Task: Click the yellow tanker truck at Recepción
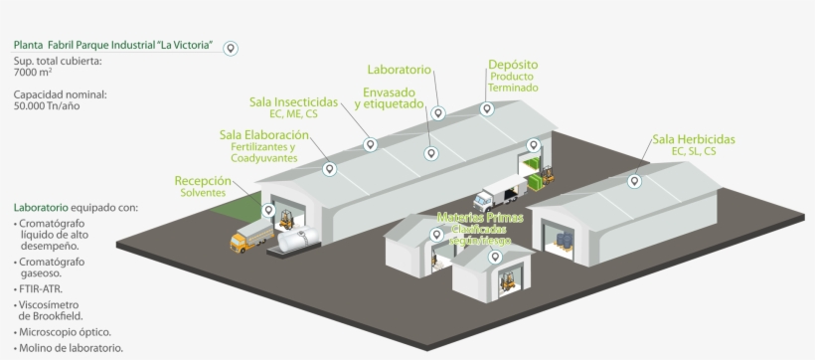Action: pos(248,238)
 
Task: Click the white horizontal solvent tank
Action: pos(297,238)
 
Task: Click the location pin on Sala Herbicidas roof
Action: pos(634,182)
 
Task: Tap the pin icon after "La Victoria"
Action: pos(231,48)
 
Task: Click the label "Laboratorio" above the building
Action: pos(399,71)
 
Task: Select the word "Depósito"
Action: pos(513,66)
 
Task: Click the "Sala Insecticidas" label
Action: pos(294,102)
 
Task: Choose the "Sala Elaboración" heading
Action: pos(263,135)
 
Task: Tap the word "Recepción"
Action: pos(203,181)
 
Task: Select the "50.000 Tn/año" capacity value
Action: pos(47,105)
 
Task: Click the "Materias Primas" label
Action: pos(478,217)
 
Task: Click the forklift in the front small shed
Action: pos(503,282)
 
